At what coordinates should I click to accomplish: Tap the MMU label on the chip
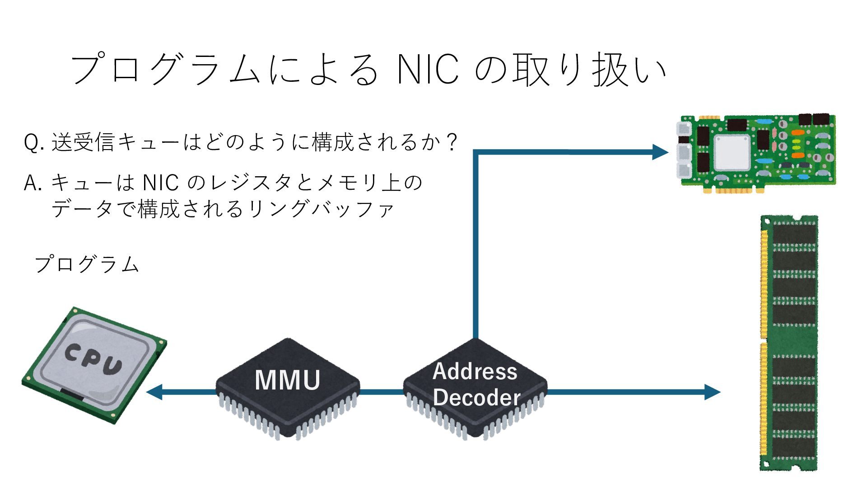tap(288, 380)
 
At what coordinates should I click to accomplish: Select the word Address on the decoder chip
tap(475, 371)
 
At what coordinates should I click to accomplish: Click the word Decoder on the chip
tap(477, 398)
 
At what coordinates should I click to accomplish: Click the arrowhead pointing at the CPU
tap(155, 392)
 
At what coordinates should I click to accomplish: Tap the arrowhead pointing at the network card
tap(660, 152)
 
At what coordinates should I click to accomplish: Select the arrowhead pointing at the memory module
tap(712, 392)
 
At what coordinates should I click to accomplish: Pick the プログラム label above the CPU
tap(87, 264)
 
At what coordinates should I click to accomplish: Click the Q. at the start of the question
tap(33, 143)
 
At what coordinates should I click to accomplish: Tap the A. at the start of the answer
tap(33, 183)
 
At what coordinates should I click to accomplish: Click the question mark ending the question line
tap(451, 142)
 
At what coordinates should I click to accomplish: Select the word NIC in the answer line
tap(160, 183)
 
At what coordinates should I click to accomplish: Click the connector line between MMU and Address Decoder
tap(382, 392)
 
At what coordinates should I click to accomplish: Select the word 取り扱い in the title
tap(589, 70)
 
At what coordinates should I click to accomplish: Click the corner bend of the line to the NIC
tap(475, 152)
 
